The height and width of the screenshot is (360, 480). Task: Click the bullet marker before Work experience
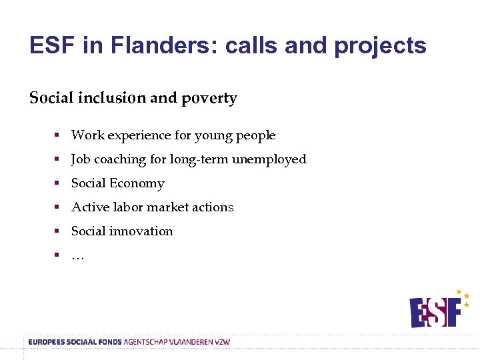pyautogui.click(x=57, y=135)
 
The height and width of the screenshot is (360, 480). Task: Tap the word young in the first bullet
pyautogui.click(x=213, y=135)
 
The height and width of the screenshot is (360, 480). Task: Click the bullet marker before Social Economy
pyautogui.click(x=57, y=183)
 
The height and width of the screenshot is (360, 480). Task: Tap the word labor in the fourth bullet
pyautogui.click(x=131, y=207)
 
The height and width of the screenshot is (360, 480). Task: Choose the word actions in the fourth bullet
pyautogui.click(x=213, y=207)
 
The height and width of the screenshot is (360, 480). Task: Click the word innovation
pyautogui.click(x=141, y=231)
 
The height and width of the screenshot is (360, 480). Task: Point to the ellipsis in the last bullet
pyautogui.click(x=77, y=257)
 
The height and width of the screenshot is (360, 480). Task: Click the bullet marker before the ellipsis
pyautogui.click(x=57, y=255)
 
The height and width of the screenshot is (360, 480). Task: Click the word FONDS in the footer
pyautogui.click(x=109, y=342)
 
